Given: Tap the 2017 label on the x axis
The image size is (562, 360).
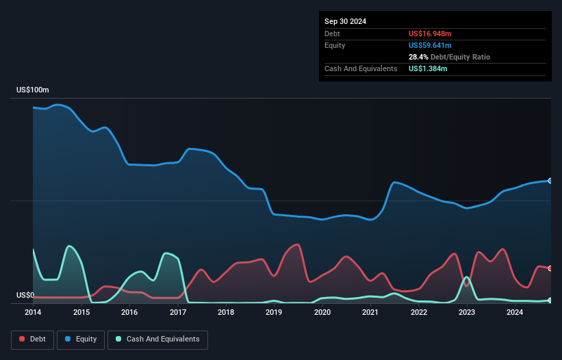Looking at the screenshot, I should pos(178,312).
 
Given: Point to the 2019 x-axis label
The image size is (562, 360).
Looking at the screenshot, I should pos(274,312).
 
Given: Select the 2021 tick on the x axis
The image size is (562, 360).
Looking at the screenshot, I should pos(370,312).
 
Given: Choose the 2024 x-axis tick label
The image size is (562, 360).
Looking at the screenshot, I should pos(515,312).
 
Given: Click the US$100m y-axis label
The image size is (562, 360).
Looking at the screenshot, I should pos(33,90).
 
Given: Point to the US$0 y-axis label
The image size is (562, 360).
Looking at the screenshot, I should pos(25,296).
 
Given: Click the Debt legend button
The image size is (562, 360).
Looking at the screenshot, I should pos(32,339).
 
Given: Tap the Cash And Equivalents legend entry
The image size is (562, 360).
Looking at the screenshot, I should pos(157,339).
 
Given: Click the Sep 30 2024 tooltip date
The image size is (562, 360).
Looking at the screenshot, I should pos(345,21).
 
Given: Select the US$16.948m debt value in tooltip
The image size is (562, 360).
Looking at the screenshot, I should pos(430,34).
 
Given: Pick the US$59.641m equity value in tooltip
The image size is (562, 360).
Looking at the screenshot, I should pos(430,45).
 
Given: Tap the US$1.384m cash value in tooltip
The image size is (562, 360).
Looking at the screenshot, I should pos(428,68).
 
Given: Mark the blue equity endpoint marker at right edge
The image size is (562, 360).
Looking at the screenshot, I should pos(550,181).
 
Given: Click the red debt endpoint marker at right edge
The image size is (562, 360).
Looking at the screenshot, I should pos(550,268).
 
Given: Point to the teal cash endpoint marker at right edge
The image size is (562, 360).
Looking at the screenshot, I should pos(550,300).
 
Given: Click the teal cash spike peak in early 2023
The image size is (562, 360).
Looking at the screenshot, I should pos(466,277).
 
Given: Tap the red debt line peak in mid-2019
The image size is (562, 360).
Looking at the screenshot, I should pos(297,244).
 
